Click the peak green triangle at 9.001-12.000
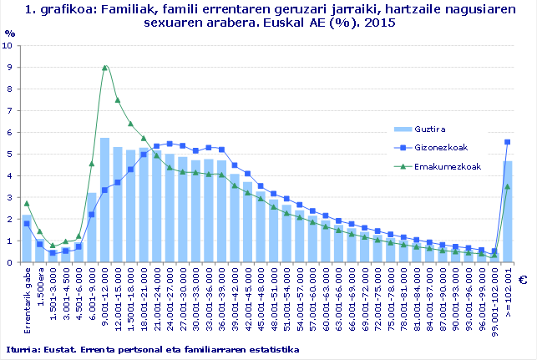[x=104, y=68]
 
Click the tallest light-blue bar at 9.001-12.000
[x=104, y=200]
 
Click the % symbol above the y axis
[x=9, y=33]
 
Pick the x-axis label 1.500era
[x=40, y=287]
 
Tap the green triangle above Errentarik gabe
[x=27, y=203]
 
